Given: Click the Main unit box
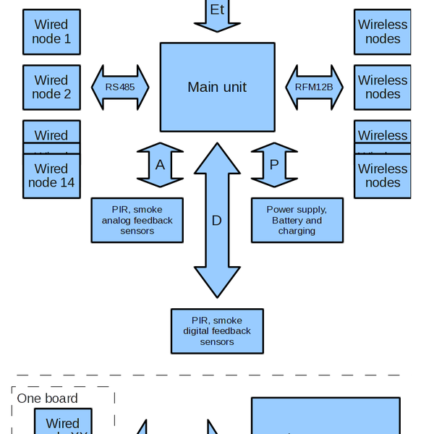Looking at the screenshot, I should click(x=217, y=87).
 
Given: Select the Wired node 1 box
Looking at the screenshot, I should click(x=51, y=32).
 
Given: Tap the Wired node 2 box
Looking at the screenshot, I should click(x=51, y=88).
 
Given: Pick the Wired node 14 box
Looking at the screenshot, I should click(x=51, y=176).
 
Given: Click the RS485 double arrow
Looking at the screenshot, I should click(x=120, y=87).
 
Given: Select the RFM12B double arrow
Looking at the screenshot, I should click(x=314, y=87).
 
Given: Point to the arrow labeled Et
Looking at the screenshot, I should click(x=217, y=14).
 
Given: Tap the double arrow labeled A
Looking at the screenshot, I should click(x=161, y=164).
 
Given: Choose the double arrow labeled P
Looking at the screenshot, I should click(x=273, y=164).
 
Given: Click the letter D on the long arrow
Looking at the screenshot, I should click(x=217, y=220).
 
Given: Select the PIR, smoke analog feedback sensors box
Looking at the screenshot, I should click(x=137, y=220).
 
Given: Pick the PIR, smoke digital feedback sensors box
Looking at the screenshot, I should click(x=217, y=331).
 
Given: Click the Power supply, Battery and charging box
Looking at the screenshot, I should click(x=297, y=220).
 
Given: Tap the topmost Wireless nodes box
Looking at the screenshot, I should click(x=383, y=32).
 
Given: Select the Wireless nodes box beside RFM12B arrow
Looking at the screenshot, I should click(x=383, y=88).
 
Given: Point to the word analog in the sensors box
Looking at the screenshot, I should click(x=117, y=220).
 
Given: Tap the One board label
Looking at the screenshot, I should click(x=47, y=399).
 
